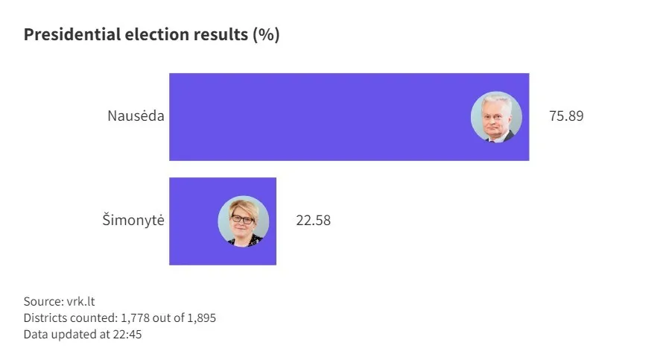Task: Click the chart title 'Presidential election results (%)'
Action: click(151, 35)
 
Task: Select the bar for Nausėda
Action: click(320, 117)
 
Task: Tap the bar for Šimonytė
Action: click(194, 221)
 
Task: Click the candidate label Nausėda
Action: click(135, 117)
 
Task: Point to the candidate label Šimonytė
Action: click(133, 221)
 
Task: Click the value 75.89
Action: click(565, 117)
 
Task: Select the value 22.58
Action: click(313, 221)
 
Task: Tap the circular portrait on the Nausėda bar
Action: click(496, 117)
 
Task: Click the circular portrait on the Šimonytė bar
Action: click(243, 221)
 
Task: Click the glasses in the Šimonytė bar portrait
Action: click(242, 219)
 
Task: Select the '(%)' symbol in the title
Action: click(266, 35)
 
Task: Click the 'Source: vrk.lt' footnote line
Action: click(60, 302)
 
